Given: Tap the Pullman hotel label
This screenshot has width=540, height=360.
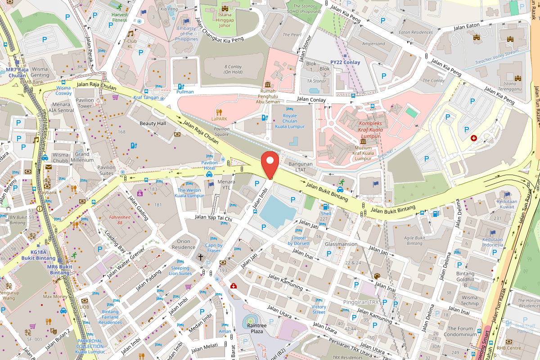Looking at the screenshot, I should (185, 92).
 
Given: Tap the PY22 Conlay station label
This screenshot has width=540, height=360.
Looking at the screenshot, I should (345, 63).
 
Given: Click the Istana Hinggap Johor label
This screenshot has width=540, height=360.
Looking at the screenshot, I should (225, 20).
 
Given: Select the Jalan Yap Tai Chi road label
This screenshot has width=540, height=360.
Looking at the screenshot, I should (213, 218).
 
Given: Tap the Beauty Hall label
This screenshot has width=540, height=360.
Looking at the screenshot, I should (153, 123).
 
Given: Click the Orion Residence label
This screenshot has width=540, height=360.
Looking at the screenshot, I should (184, 244).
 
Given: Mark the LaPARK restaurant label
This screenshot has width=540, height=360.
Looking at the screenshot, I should (219, 119).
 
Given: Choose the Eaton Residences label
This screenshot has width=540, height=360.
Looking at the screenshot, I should (415, 32).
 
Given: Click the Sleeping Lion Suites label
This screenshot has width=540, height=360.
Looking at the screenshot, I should (180, 270).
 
